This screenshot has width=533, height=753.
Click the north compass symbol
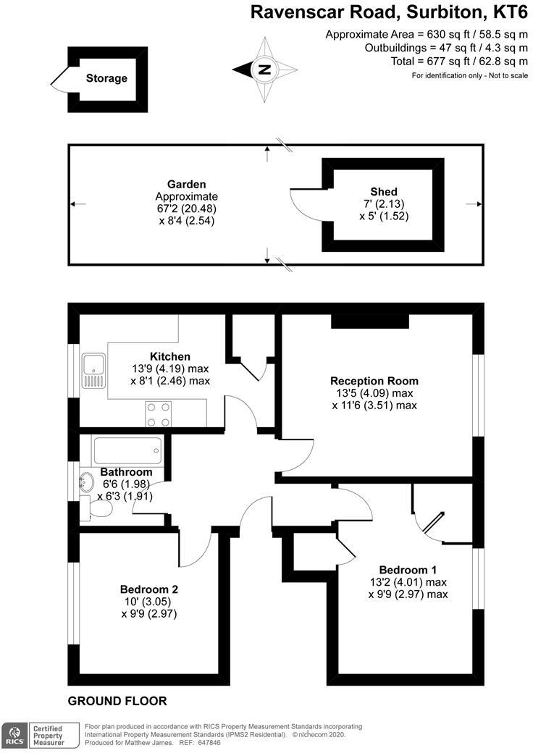point(265,70)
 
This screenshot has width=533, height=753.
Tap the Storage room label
point(106,78)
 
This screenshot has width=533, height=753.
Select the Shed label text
point(383,191)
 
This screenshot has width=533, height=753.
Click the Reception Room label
point(374,381)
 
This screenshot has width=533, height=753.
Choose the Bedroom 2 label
point(149,589)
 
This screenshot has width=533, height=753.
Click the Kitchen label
point(170,356)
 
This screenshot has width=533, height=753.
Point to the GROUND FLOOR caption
point(117,701)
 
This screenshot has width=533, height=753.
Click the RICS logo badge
point(14,735)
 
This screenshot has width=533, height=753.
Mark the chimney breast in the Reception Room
point(370,321)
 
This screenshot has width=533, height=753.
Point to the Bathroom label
point(126,472)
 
